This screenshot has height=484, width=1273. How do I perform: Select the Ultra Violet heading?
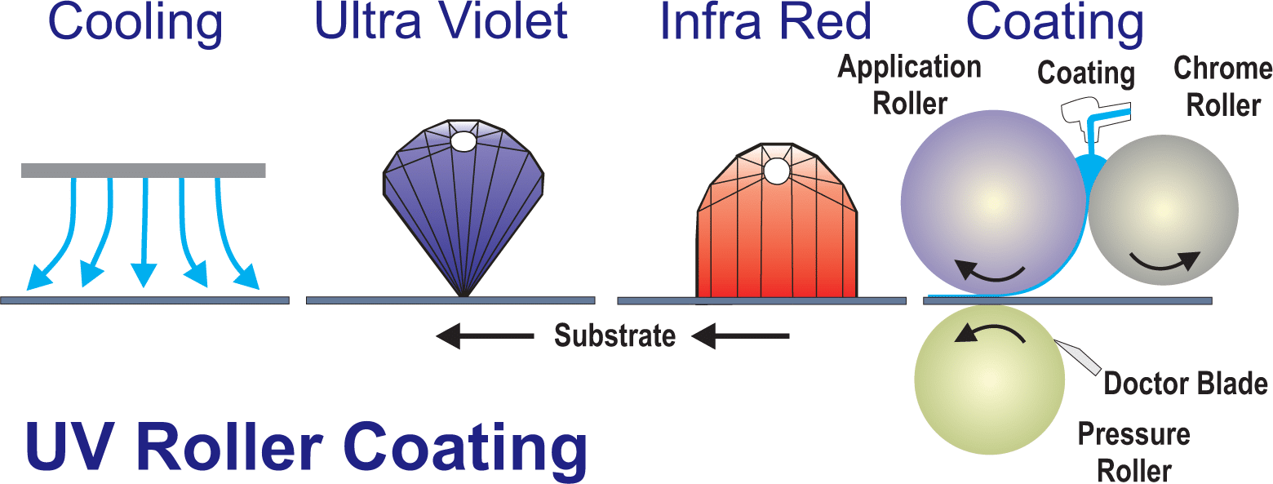tap(441, 23)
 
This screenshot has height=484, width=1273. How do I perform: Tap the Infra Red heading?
tap(766, 23)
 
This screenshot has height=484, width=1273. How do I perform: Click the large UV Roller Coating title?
tap(306, 447)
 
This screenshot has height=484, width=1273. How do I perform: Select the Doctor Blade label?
tap(1186, 384)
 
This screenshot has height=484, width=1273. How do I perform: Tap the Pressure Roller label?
tap(1134, 452)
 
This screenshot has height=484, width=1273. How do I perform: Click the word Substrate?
tap(615, 335)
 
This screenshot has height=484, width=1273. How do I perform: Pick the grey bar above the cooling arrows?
tap(144, 170)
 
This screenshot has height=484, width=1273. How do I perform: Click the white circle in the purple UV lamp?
tap(464, 141)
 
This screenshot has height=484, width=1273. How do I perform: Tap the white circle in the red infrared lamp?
tap(776, 171)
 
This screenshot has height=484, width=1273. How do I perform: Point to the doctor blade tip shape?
tap(1076, 357)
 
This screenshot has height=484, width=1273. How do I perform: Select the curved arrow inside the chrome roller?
tap(1164, 260)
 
